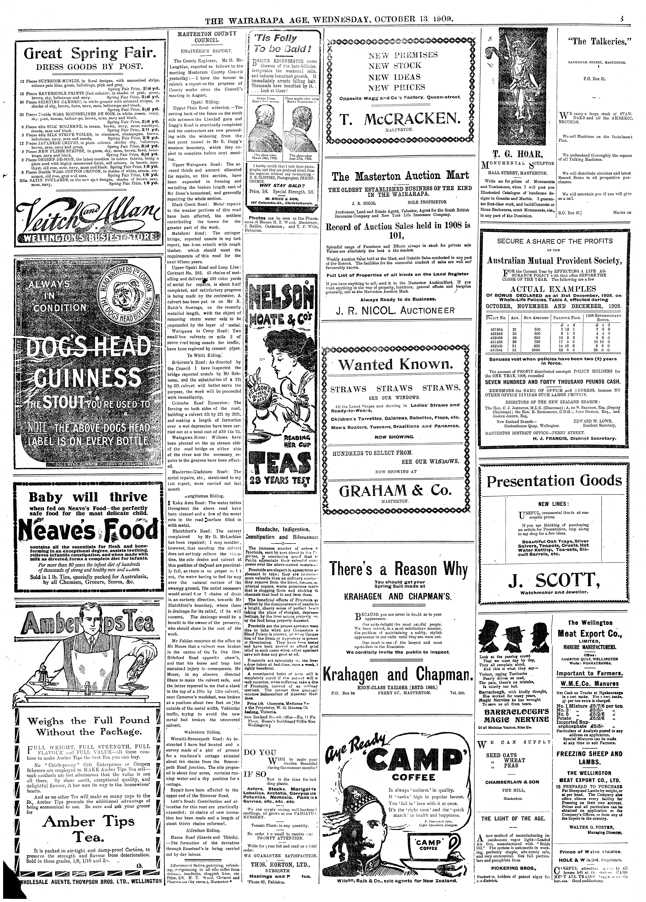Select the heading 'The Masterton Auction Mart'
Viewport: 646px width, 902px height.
point(400,176)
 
